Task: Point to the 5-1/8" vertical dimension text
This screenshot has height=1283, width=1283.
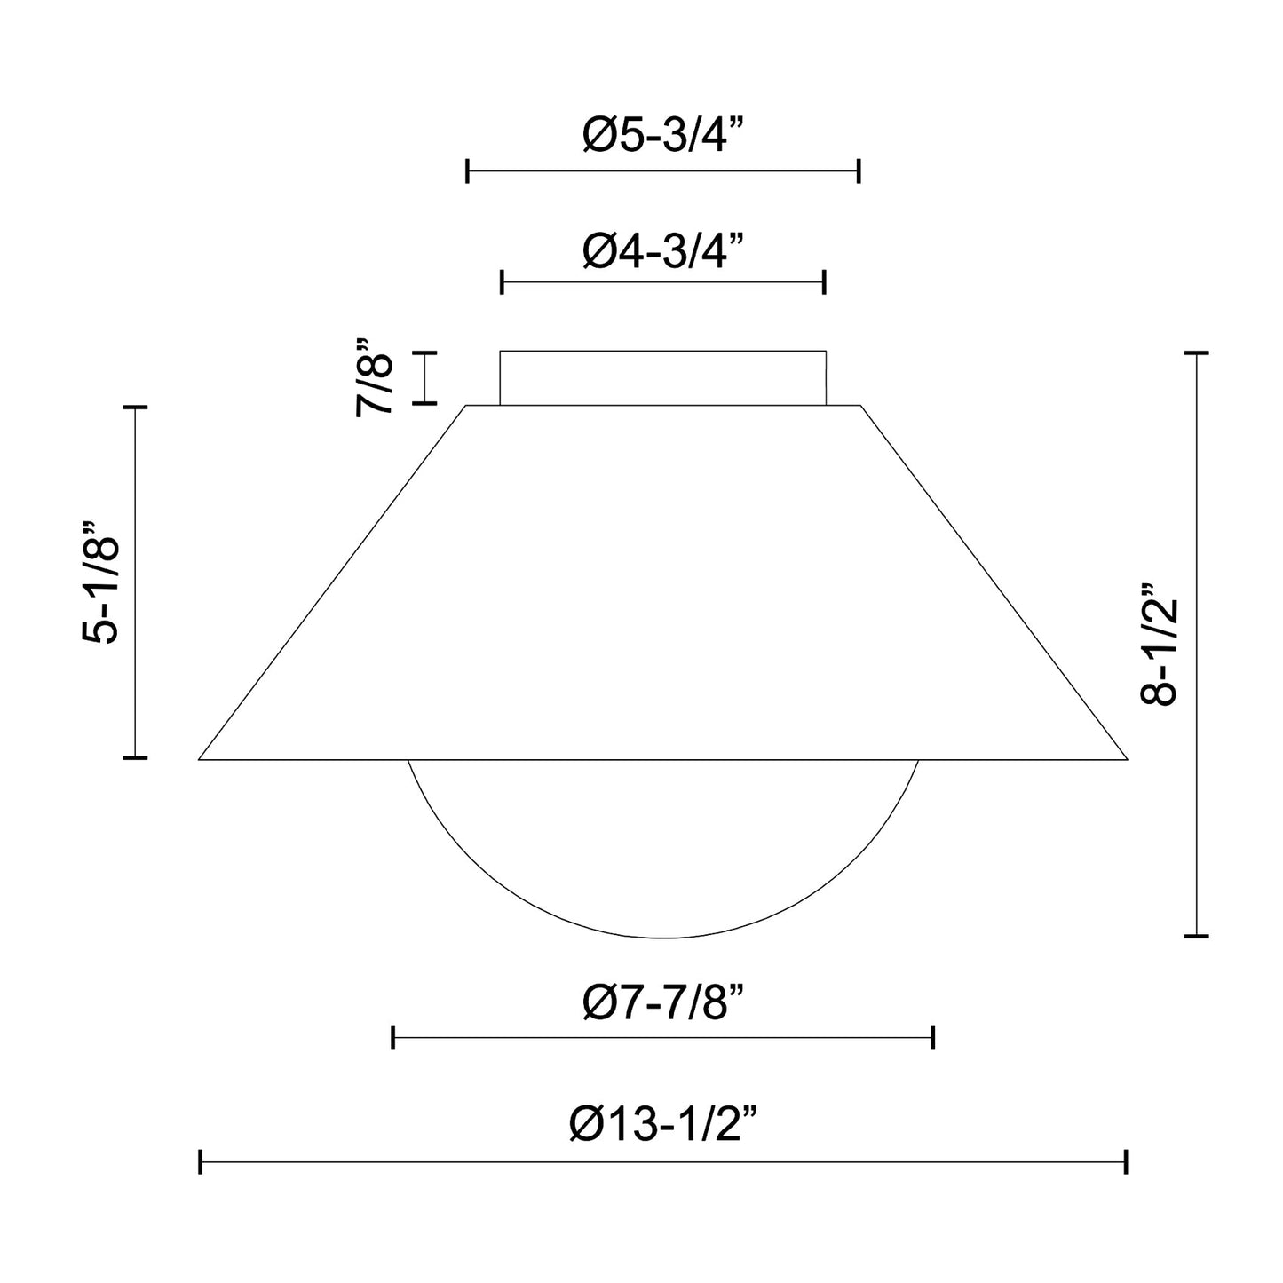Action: pos(100,581)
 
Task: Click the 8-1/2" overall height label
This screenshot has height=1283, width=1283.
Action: pos(1159,644)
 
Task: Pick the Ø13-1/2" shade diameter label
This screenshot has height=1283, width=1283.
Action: pos(662,1125)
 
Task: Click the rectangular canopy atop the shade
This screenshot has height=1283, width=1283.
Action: pos(662,378)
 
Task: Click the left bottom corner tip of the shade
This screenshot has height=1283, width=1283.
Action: pos(201,758)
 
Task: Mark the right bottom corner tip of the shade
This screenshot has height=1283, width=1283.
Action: pos(1125,758)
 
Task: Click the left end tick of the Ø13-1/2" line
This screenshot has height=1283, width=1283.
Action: pos(201,1161)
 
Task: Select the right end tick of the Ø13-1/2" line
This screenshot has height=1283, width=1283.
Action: pos(1126,1161)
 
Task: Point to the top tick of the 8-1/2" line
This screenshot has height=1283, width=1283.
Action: pos(1197,353)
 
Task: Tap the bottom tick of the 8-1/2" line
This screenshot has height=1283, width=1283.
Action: pos(1197,935)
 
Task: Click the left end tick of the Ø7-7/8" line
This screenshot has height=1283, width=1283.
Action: pos(393,1036)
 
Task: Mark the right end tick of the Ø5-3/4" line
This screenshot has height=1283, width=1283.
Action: pos(859,170)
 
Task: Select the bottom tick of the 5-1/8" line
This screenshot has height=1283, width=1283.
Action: pos(135,757)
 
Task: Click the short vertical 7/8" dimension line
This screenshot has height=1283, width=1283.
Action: pos(424,378)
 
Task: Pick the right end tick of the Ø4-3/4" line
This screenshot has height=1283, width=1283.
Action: pos(825,282)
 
